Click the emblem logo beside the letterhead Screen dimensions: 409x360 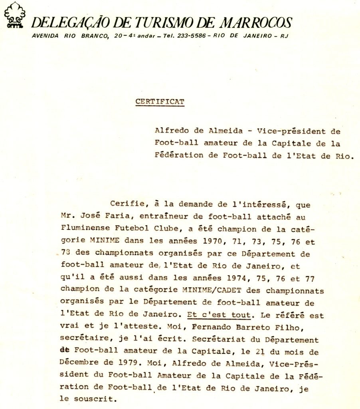pos(14,16)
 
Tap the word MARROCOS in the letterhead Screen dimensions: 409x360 pos(257,22)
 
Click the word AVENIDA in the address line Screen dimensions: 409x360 pos(45,36)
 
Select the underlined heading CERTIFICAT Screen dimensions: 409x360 pos(160,101)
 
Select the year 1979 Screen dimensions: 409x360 pos(131,364)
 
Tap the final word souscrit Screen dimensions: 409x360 pos(95,399)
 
